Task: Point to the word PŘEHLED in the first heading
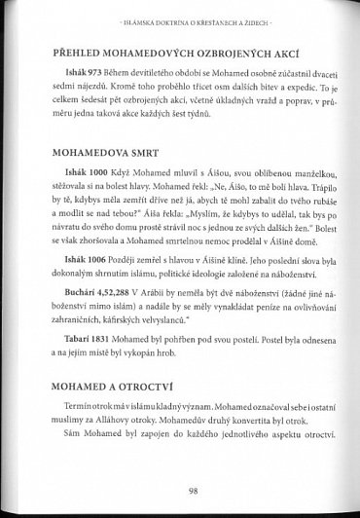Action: point(74,55)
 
